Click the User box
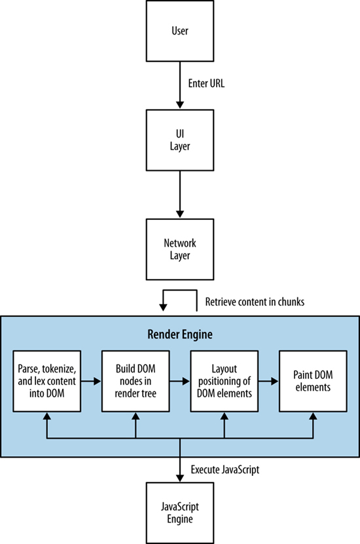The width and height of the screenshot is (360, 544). pos(180,31)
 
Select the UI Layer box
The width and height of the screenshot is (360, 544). pos(180,140)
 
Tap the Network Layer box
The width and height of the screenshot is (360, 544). pos(180,249)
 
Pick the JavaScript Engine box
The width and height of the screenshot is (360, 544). pos(180,513)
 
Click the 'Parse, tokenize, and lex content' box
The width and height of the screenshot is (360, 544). pos(47,381)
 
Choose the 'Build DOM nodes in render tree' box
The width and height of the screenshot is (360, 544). pos(135,381)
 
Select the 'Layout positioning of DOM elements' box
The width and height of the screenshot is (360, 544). pos(225,381)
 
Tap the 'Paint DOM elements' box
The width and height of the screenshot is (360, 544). pos(313,381)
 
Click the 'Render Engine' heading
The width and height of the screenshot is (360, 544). pos(180,335)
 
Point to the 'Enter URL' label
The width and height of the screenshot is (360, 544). pos(206,83)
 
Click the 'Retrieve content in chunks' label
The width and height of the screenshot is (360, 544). pos(255,302)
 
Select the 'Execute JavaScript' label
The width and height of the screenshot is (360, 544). pos(225,470)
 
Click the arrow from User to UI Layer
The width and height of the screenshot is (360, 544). pos(179,85)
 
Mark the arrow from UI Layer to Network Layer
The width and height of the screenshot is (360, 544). pos(179,194)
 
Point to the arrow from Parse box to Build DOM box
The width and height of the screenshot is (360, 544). pos(91,381)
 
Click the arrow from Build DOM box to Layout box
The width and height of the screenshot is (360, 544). pos(179,381)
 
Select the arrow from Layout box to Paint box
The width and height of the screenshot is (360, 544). pos(268,381)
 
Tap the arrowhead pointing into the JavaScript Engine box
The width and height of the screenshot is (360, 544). pos(179,477)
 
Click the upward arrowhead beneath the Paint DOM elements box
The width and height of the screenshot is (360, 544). pos(313,416)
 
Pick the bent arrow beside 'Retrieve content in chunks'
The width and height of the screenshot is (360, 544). pos(180,290)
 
